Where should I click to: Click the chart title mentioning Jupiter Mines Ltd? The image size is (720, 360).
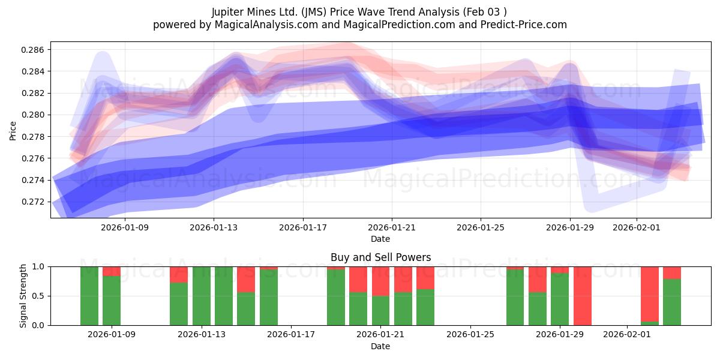click(359, 12)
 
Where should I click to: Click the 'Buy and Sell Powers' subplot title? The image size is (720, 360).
click(380, 257)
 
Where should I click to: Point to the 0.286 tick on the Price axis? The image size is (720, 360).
click(34, 50)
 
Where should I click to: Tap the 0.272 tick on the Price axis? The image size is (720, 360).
click(34, 202)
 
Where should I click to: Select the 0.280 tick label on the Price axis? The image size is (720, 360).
click(34, 115)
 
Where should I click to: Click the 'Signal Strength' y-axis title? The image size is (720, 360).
click(23, 295)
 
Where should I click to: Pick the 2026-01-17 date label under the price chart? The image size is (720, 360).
click(303, 227)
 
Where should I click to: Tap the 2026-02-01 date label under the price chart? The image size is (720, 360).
click(636, 227)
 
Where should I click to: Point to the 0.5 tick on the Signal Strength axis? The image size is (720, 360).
click(39, 296)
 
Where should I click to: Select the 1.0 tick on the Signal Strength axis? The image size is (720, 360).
click(39, 266)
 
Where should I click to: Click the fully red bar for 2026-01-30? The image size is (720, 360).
click(583, 296)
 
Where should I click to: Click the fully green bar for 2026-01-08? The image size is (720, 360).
click(89, 296)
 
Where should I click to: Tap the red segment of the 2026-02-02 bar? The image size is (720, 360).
click(650, 293)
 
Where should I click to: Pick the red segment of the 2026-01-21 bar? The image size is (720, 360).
click(381, 281)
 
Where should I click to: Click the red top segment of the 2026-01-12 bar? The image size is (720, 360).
click(179, 274)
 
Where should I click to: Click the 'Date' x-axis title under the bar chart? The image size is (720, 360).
click(380, 346)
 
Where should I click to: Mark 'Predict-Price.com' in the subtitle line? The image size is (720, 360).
click(525, 25)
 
